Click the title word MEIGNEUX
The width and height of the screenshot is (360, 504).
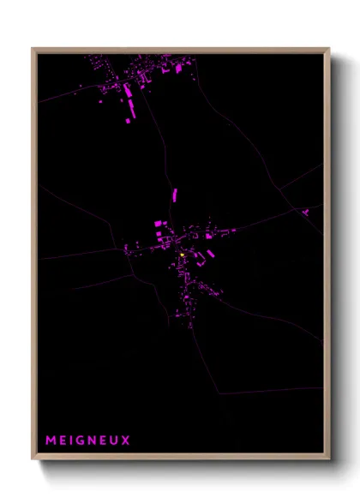click(88, 441)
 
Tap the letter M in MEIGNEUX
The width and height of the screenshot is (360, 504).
click(51, 441)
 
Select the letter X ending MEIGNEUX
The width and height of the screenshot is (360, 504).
click(126, 441)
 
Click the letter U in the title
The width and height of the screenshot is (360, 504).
click(116, 441)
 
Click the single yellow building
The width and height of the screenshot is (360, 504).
click(183, 254)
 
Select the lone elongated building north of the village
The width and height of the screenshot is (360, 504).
click(175, 194)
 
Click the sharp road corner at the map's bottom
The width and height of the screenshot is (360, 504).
click(215, 393)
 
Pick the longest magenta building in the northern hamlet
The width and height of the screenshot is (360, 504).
click(133, 107)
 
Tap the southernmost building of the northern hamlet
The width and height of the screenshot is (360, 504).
click(129, 121)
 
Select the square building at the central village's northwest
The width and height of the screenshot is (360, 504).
click(158, 223)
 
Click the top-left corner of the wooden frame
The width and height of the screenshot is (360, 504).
click(33, 49)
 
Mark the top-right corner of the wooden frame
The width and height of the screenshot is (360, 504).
click(328, 49)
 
